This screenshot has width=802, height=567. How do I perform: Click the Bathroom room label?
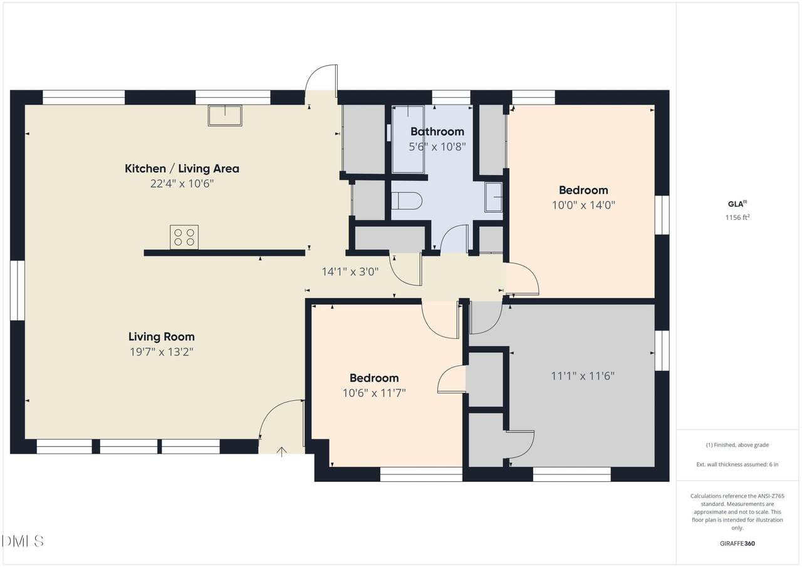tap(437, 132)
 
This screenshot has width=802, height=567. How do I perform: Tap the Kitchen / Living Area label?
tap(182, 169)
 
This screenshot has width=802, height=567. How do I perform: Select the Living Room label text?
tap(162, 337)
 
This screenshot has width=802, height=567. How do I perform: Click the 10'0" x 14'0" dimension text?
tap(583, 205)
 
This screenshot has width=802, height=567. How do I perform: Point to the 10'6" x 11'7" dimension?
tap(374, 393)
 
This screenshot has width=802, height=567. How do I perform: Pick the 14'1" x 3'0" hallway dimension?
tap(350, 272)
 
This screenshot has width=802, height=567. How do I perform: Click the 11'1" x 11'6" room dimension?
tap(583, 376)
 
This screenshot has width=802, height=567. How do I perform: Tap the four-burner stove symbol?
tap(184, 237)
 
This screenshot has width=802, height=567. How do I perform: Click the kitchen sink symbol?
tap(225, 115)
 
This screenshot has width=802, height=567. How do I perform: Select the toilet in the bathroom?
tap(407, 201)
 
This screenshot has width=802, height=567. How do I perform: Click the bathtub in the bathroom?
tap(408, 139)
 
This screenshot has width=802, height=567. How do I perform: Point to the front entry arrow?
tap(282, 452)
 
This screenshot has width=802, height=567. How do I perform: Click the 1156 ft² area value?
tap(737, 217)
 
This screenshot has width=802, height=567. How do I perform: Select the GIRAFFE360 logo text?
tap(737, 543)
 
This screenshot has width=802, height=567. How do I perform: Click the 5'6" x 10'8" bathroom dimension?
tap(437, 147)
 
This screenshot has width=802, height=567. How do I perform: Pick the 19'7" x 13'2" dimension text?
tap(162, 352)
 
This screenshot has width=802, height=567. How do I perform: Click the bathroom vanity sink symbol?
tap(494, 197)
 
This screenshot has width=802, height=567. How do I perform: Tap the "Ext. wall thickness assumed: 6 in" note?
tap(737, 464)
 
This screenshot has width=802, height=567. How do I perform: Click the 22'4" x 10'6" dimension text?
tap(182, 184)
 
